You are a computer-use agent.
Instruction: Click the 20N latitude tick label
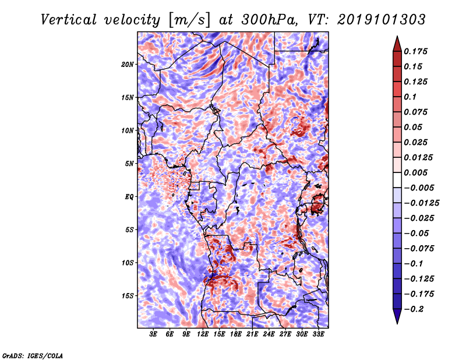click(x=128, y=64)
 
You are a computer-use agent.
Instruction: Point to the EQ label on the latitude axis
click(x=129, y=196)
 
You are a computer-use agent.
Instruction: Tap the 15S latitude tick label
click(x=128, y=295)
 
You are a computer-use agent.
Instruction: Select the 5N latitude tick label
click(x=129, y=163)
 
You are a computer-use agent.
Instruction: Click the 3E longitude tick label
click(x=154, y=334)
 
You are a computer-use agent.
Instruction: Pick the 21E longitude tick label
click(x=253, y=334)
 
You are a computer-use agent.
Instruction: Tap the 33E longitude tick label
click(x=319, y=334)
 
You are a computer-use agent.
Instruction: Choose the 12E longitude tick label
click(x=203, y=334)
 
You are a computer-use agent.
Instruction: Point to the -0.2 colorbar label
click(x=414, y=309)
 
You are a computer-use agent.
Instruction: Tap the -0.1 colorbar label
click(x=414, y=263)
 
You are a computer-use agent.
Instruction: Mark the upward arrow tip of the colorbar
click(x=397, y=37)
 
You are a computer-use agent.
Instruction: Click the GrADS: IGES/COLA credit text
click(x=32, y=355)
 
